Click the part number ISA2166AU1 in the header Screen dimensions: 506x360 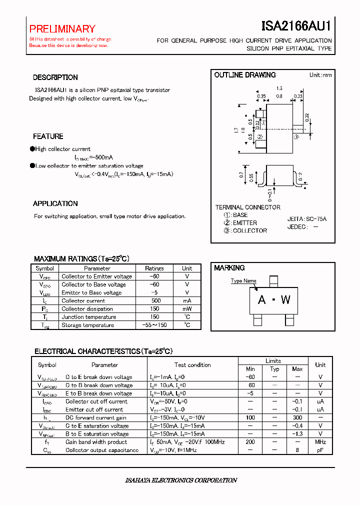click(x=296, y=26)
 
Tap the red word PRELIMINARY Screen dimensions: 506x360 click(x=62, y=29)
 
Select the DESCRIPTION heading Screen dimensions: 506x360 click(x=55, y=77)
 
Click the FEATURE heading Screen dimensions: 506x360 click(x=48, y=136)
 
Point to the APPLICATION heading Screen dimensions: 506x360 click(x=55, y=203)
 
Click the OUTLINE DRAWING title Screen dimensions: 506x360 click(x=245, y=75)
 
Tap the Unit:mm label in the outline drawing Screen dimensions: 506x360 click(x=320, y=75)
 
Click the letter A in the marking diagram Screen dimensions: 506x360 click(x=261, y=300)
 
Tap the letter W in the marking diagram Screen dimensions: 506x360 click(x=285, y=300)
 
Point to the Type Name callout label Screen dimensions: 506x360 click(x=243, y=280)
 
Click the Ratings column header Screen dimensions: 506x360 click(x=154, y=268)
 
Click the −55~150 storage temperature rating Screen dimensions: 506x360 click(x=154, y=325)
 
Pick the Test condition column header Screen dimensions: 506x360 click(x=192, y=365)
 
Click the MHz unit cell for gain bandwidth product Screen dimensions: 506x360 click(x=320, y=442)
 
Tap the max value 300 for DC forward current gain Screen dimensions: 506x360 click(x=297, y=417)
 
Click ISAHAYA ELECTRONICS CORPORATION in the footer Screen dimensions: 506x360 click(x=180, y=480)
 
